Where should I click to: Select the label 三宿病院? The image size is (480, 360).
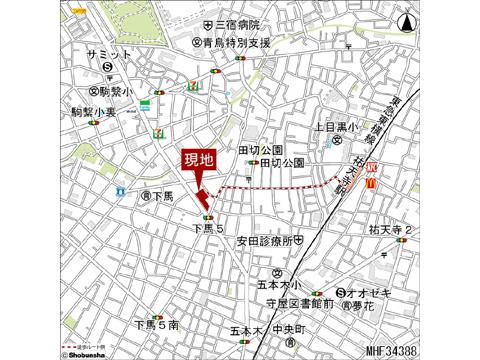point(237,25)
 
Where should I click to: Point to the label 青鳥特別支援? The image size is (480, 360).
point(237,44)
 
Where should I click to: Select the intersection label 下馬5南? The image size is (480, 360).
point(156,325)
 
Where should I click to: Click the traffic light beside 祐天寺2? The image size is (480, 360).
point(402,240)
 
